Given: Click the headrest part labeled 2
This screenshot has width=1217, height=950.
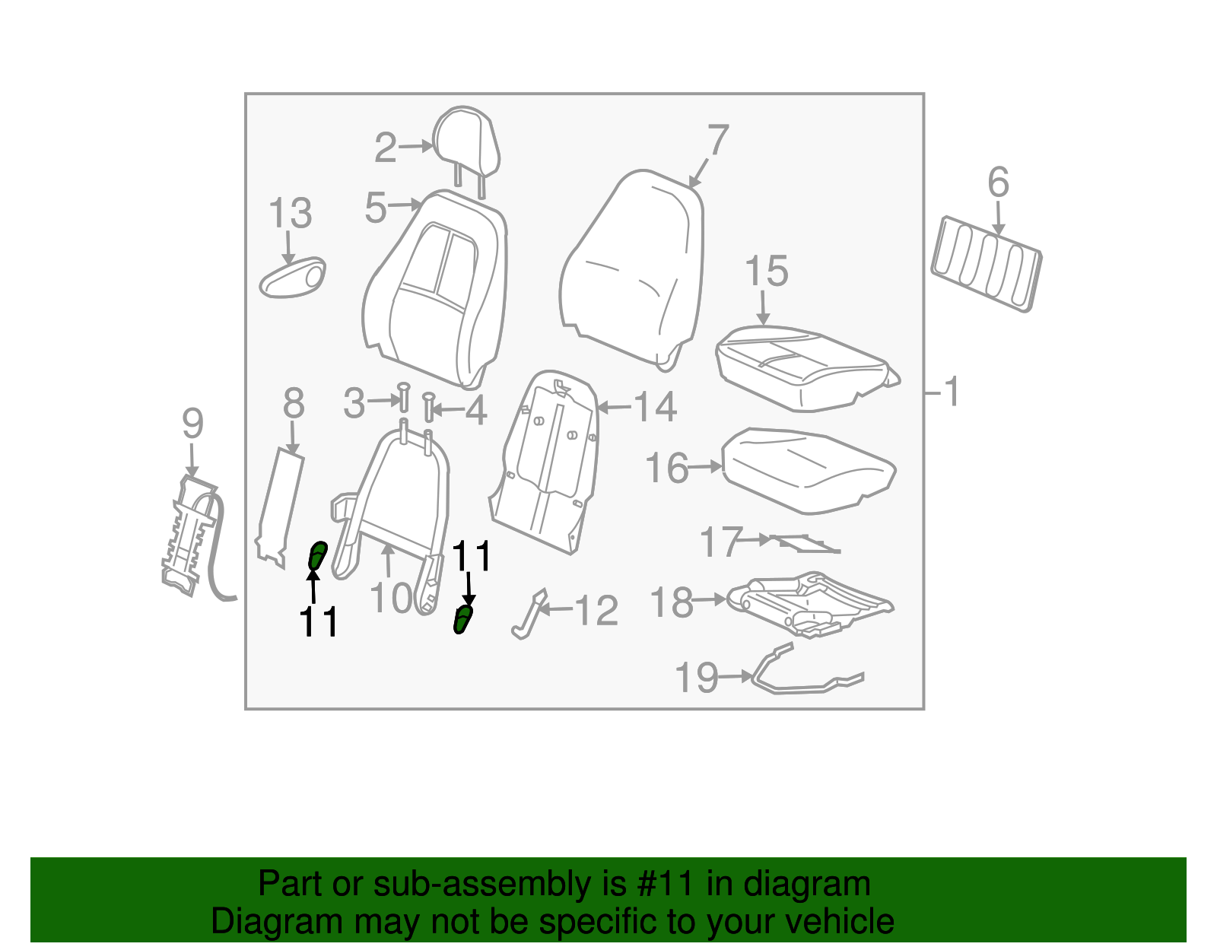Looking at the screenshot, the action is coord(466,143).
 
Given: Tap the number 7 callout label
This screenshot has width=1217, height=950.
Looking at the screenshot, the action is coord(717,139).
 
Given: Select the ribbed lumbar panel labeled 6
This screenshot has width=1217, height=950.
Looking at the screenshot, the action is coord(987,264).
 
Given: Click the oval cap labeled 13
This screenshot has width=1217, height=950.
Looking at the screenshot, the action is coord(292,278).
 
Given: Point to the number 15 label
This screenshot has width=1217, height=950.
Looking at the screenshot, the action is coord(766,271).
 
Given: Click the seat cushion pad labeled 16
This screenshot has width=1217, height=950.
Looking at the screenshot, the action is coord(809,471).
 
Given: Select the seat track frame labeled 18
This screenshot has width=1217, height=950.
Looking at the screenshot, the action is coord(810,605).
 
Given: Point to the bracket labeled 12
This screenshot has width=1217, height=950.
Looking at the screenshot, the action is coord(529,615).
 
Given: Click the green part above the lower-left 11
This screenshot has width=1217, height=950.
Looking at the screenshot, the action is coord(318,555).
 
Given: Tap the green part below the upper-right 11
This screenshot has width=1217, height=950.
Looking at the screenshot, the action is coord(463,620).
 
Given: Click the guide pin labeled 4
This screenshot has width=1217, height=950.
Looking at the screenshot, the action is coord(429,407).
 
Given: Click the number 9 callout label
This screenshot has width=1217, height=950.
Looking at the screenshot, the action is coord(192,424).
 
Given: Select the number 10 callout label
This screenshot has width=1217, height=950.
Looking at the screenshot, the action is coord(392,599).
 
